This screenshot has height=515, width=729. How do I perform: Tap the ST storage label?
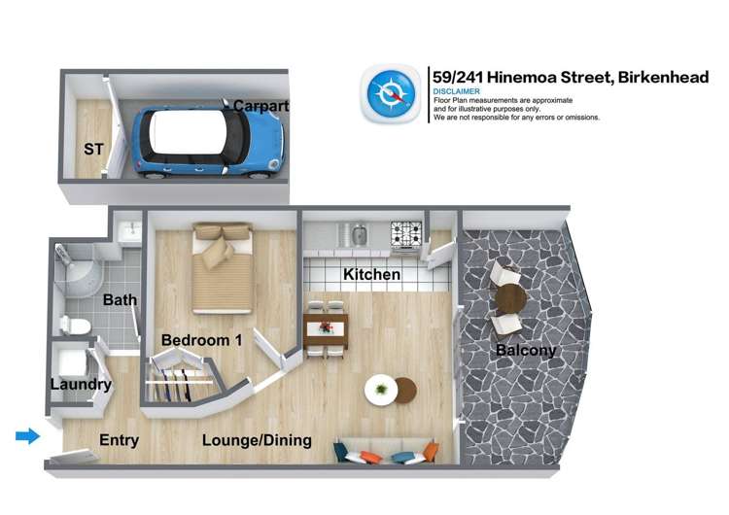[x=94, y=150]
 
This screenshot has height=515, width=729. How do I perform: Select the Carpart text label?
[x=260, y=105]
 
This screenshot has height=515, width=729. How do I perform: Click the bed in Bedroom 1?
[x=224, y=267]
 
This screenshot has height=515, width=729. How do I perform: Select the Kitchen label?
[x=371, y=275]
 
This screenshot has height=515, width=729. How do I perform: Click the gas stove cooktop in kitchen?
[x=406, y=233]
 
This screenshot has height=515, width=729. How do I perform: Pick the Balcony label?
[x=526, y=350]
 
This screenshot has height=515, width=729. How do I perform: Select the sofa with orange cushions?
[x=386, y=453]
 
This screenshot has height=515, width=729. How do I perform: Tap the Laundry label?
[x=81, y=385]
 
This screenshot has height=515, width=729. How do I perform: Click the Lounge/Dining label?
[x=257, y=440]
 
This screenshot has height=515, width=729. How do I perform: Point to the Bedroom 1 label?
[x=201, y=340]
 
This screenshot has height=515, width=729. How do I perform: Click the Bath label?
[x=120, y=300]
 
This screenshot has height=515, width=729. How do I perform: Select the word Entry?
[x=120, y=440]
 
